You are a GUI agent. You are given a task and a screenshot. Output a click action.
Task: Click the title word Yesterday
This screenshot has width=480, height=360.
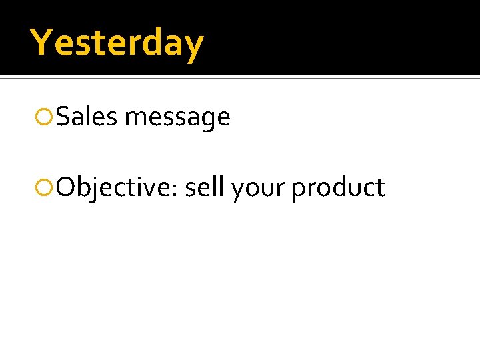pyautogui.click(x=117, y=43)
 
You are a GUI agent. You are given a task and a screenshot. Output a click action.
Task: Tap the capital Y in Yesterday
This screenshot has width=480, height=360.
pyautogui.click(x=41, y=42)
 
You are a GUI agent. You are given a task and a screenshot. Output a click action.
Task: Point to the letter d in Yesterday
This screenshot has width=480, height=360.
pyautogui.click(x=151, y=43)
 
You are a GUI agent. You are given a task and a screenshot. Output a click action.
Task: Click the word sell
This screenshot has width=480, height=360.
pyautogui.click(x=205, y=188)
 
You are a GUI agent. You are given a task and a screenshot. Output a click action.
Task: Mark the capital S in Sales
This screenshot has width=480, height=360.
pyautogui.click(x=64, y=117)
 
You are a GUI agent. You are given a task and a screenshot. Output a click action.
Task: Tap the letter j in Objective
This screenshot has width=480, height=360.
pyautogui.click(x=96, y=190)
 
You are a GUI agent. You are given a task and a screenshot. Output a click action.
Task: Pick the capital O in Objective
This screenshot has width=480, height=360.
pyautogui.click(x=67, y=188)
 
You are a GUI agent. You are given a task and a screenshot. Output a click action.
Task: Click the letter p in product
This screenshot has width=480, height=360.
pyautogui.click(x=299, y=191)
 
